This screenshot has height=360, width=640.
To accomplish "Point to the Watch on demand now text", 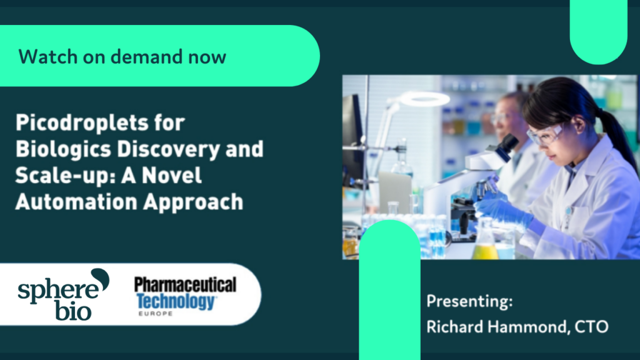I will (122, 57).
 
